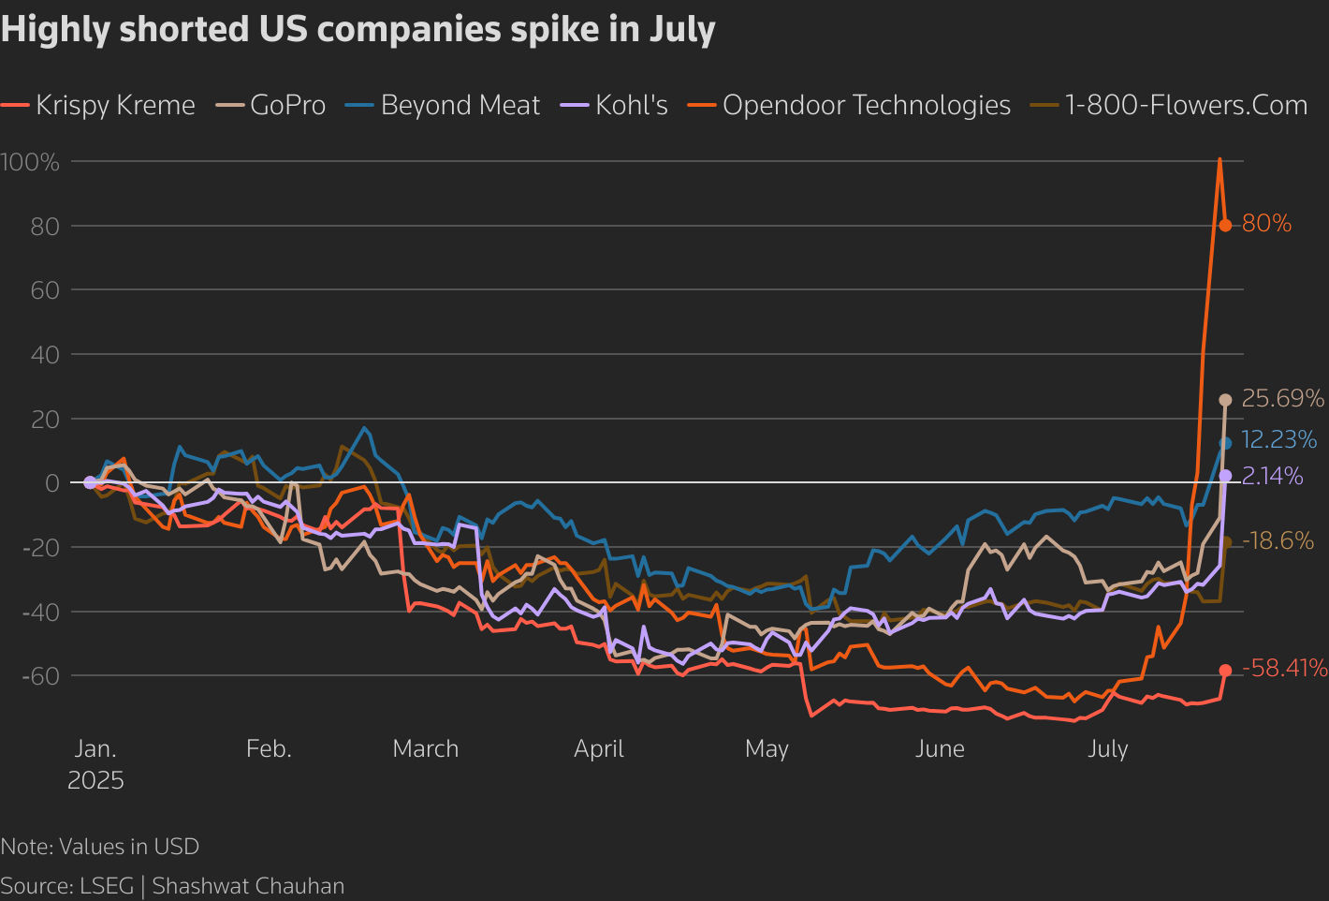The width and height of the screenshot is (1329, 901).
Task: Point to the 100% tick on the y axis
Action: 30,163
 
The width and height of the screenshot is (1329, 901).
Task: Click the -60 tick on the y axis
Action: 37,676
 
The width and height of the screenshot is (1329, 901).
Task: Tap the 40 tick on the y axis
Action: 45,355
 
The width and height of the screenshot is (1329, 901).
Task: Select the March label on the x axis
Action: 426,749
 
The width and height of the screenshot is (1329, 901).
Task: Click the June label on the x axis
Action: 940,749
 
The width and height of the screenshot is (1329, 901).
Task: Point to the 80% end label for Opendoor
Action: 1266,224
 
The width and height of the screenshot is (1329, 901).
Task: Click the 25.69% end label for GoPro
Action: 1282,399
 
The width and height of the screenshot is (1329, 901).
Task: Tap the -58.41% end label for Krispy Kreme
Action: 1284,669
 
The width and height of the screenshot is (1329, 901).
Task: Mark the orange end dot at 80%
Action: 1225,226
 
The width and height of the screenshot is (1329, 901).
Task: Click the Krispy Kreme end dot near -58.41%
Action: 1225,671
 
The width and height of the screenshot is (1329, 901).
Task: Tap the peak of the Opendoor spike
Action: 1219,159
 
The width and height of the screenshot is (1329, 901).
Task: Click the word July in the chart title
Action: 682,30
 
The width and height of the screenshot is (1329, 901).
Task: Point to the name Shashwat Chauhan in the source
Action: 248,886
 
